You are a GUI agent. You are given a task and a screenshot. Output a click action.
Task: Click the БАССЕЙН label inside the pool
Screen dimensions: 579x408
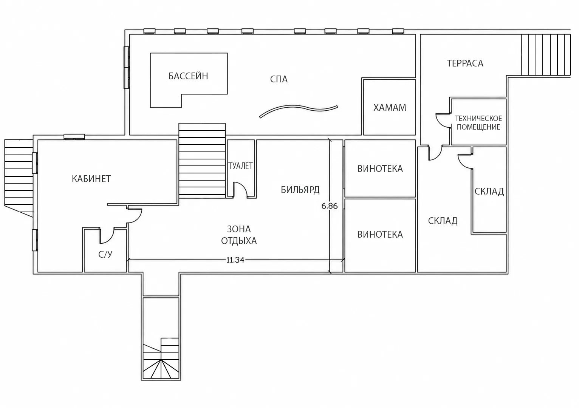click(x=188, y=76)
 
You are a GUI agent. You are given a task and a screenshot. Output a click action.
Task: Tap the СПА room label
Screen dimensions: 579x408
click(x=279, y=79)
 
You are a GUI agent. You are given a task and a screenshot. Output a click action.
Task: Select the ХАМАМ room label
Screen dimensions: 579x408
click(x=390, y=107)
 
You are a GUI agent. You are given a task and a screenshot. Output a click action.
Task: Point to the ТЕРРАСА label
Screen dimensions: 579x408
click(x=465, y=63)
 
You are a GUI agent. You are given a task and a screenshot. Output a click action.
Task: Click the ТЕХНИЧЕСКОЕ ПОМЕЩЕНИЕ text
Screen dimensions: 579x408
click(x=478, y=123)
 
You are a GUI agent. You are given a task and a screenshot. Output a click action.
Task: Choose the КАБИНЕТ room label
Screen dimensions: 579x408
click(x=91, y=179)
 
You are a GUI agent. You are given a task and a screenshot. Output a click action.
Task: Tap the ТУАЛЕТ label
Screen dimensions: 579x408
click(x=240, y=166)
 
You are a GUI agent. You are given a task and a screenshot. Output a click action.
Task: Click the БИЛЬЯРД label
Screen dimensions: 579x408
click(x=300, y=190)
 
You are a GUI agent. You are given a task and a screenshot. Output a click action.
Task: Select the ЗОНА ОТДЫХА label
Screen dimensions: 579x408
click(x=239, y=235)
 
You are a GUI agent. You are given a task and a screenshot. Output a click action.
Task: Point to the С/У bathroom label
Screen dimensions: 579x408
click(x=105, y=254)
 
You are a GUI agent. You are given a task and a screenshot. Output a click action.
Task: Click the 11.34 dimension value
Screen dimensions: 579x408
click(x=235, y=260)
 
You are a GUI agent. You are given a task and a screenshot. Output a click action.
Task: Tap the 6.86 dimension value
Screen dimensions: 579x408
click(x=330, y=206)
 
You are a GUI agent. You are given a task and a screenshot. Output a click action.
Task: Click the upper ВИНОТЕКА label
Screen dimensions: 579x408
click(x=380, y=169)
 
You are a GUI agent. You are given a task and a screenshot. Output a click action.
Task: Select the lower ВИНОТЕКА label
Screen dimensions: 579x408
click(x=380, y=234)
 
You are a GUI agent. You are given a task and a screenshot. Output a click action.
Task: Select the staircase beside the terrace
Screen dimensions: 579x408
click(x=546, y=55)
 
